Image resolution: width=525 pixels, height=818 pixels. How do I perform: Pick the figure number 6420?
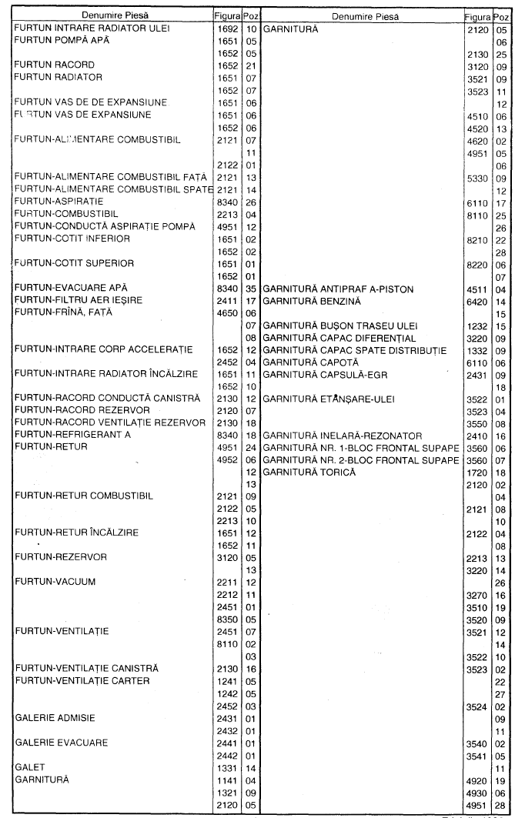(477, 301)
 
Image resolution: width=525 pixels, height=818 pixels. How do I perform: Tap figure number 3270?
(477, 595)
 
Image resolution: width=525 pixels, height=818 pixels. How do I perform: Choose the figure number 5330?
(477, 179)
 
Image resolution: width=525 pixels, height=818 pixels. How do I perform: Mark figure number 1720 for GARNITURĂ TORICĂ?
(477, 472)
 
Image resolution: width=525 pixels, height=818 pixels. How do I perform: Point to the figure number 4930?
(477, 792)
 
